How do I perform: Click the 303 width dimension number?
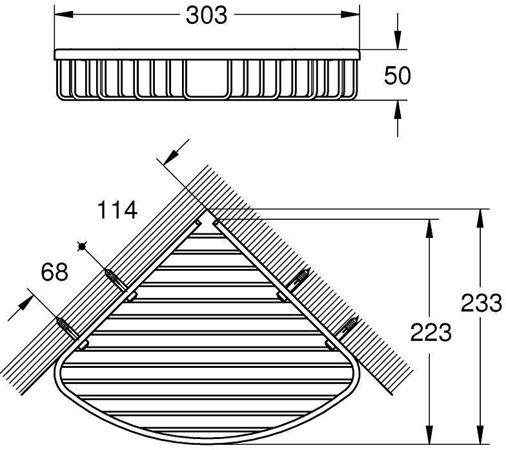[x=207, y=16]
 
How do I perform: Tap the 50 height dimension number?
[x=398, y=75]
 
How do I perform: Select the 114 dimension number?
[x=117, y=209]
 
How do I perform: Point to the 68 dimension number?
[x=54, y=272]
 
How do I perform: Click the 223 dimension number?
[x=431, y=332]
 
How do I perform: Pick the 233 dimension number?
[x=481, y=303]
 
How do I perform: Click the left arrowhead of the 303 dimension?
[x=63, y=14]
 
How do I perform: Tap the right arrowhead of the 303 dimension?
[x=350, y=14]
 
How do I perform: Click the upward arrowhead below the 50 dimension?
[x=398, y=109]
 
